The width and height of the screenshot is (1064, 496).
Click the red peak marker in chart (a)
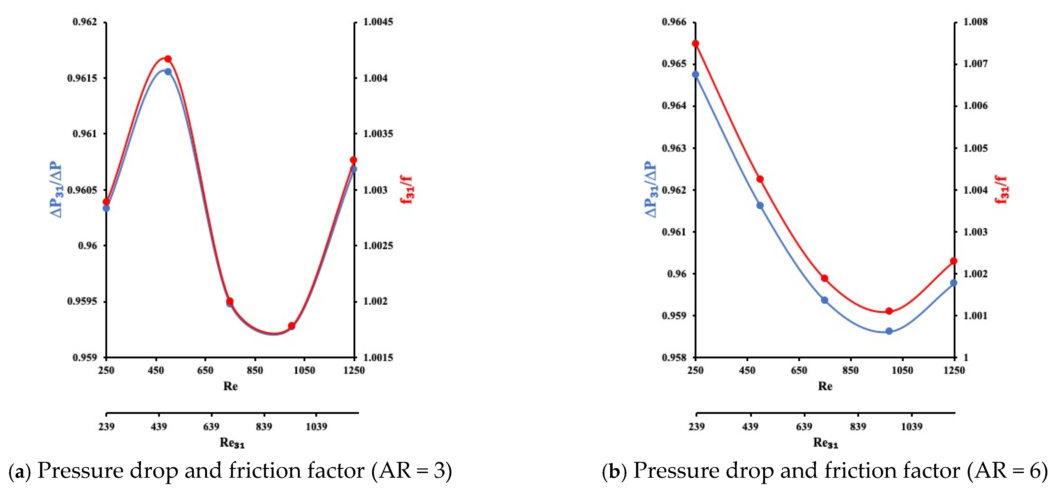[168, 59]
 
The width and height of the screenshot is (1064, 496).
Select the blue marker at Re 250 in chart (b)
[696, 75]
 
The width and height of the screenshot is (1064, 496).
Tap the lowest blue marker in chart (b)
[889, 331]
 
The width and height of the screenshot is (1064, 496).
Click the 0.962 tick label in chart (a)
[85, 22]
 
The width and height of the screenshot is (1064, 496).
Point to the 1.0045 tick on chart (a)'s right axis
[378, 22]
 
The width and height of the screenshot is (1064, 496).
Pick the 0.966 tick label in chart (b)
[674, 22]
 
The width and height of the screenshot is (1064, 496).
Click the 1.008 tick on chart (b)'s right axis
[976, 22]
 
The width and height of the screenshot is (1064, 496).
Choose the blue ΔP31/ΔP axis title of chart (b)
[651, 189]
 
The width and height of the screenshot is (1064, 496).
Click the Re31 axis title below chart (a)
[232, 443]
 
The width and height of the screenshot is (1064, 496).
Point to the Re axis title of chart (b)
[825, 386]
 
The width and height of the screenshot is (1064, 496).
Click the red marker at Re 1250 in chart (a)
[353, 160]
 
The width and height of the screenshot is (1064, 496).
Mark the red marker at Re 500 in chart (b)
[760, 179]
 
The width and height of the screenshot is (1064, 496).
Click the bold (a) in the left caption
[20, 471]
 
